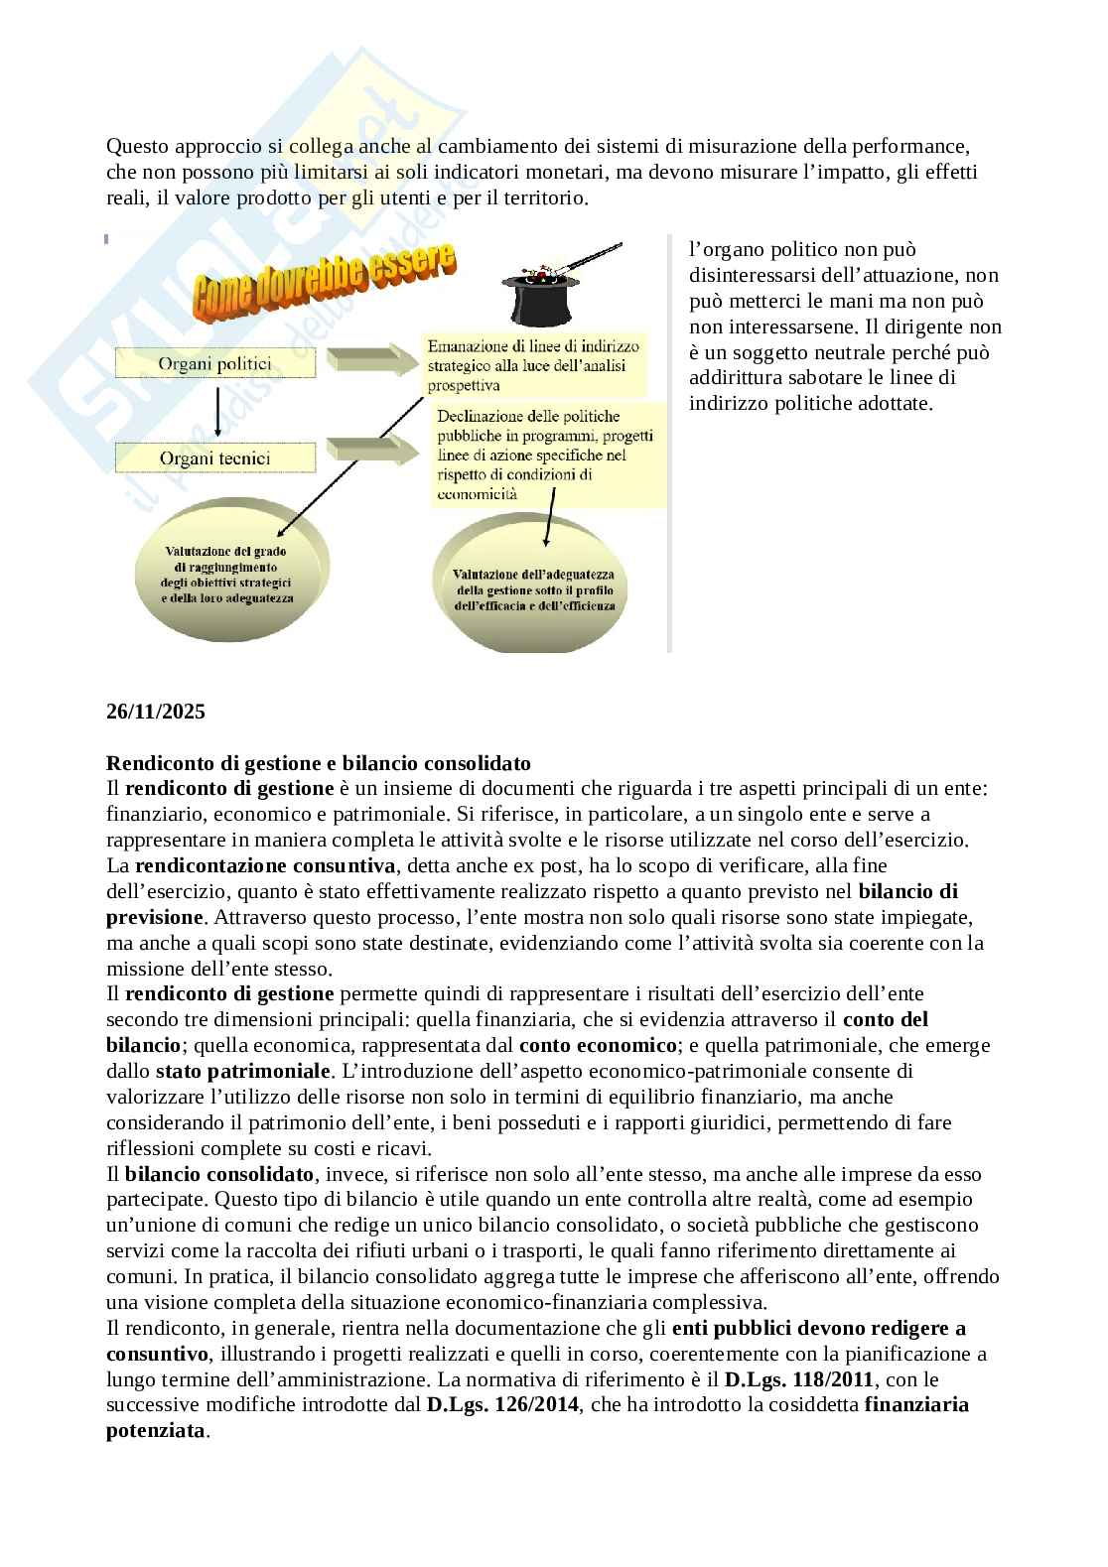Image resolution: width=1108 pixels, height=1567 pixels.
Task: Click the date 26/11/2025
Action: (155, 712)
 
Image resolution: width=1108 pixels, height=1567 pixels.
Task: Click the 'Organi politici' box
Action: (215, 364)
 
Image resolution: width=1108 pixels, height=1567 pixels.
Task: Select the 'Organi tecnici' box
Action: (215, 458)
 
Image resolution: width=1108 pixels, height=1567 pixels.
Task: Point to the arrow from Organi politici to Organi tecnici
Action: (215, 411)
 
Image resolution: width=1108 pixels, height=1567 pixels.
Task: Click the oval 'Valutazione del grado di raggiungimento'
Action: (228, 576)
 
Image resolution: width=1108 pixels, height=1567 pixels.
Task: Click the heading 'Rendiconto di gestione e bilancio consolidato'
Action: (318, 763)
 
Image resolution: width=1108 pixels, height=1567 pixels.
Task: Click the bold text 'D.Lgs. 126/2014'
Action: (502, 1405)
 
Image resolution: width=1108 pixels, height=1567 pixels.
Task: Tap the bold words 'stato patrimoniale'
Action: (243, 1071)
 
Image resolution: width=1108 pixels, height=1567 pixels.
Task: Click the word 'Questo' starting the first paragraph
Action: (137, 146)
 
